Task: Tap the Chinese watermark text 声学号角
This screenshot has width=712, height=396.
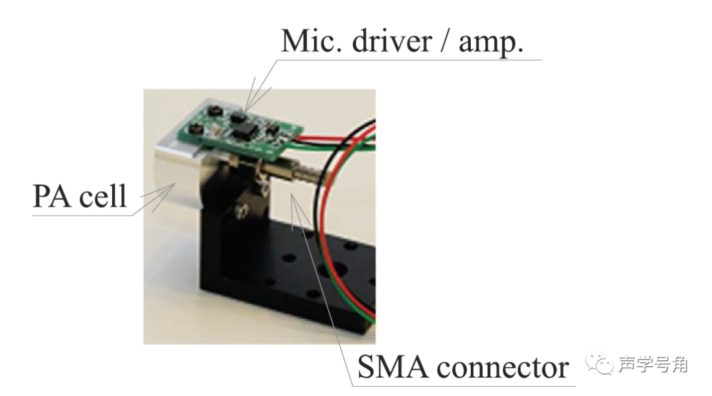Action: pos(653,364)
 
